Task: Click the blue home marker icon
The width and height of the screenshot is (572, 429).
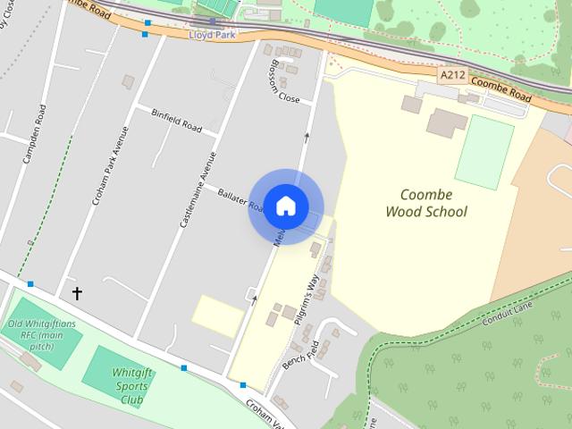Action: (285, 206)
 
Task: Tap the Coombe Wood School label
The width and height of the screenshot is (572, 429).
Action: (426, 203)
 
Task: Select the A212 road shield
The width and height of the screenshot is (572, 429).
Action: (452, 77)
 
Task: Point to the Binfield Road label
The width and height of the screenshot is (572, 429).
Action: (176, 119)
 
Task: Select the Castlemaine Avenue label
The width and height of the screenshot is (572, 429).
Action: (198, 189)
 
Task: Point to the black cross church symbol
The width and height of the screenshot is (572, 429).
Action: (77, 292)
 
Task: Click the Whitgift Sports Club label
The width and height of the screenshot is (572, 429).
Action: (132, 387)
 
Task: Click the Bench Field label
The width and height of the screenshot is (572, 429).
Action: (300, 356)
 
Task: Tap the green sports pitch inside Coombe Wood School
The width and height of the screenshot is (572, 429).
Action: (484, 151)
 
